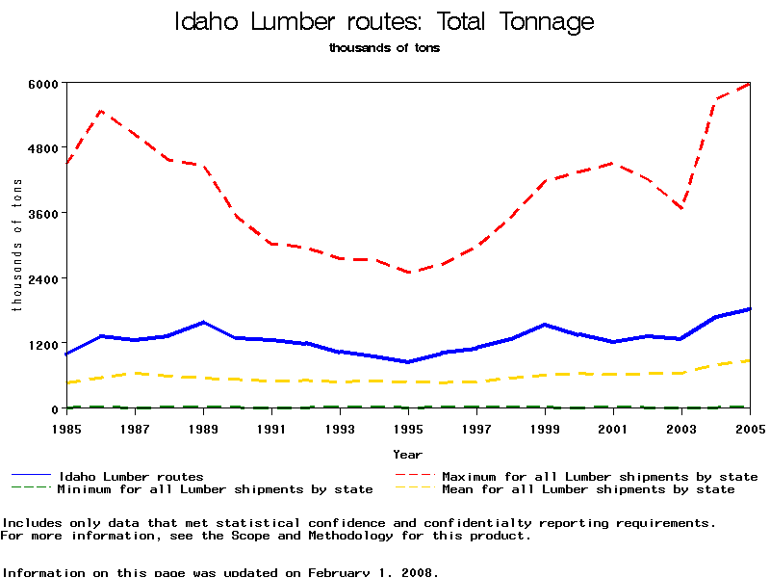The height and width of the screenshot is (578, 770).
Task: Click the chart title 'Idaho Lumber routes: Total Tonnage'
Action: (x=384, y=21)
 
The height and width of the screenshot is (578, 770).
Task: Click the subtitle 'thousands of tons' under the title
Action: (x=384, y=47)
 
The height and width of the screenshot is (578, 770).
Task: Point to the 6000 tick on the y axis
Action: (x=46, y=83)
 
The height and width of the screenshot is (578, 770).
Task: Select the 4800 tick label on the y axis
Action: (x=46, y=148)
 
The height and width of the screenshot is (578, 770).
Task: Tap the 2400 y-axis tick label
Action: (x=46, y=278)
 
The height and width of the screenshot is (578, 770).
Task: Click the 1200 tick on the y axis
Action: (x=46, y=344)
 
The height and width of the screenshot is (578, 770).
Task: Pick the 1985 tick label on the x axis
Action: (x=66, y=426)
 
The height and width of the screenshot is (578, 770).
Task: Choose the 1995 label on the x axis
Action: (x=408, y=426)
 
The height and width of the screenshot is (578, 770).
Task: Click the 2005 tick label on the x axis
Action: (x=750, y=426)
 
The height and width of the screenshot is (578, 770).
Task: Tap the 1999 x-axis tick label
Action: (x=545, y=426)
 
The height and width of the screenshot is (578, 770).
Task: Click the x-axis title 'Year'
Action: (x=407, y=454)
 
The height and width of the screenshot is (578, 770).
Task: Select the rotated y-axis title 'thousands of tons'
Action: (x=16, y=246)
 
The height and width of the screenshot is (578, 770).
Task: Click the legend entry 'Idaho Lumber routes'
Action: (x=131, y=476)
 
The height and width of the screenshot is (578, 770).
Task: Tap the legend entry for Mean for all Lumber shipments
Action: (x=588, y=489)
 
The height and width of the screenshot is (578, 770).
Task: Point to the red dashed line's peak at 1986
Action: (x=101, y=112)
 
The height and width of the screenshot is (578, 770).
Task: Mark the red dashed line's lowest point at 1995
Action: (x=408, y=273)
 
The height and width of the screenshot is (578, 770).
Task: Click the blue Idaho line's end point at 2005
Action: (x=750, y=309)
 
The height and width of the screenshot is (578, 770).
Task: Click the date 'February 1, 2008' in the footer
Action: (x=371, y=572)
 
